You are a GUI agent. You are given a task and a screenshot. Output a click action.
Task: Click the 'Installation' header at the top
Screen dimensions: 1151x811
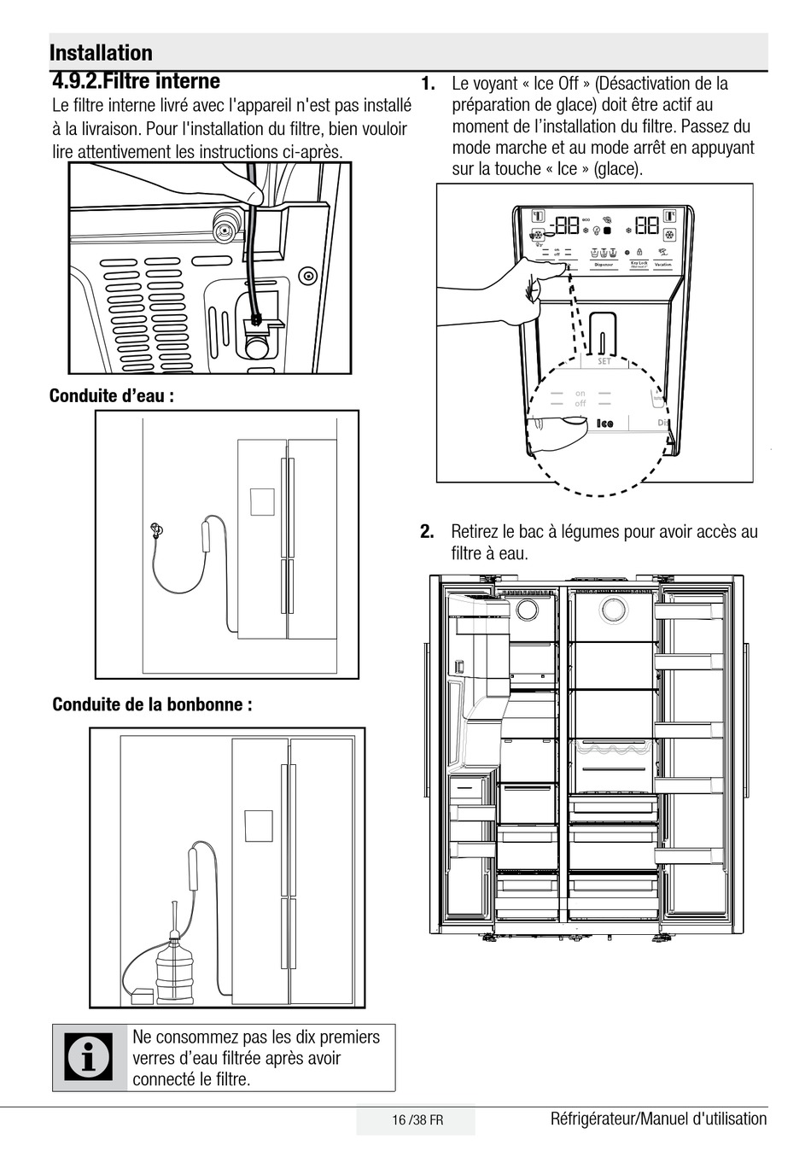pos(101,53)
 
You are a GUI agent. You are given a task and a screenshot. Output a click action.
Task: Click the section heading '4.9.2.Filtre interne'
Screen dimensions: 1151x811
pos(136,82)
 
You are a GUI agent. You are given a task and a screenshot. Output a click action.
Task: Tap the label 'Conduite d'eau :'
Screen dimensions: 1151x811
pos(112,396)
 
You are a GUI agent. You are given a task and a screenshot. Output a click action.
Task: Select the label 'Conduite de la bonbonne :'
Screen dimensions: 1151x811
pos(152,704)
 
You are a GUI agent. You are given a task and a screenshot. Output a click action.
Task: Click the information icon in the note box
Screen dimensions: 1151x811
pos(90,1058)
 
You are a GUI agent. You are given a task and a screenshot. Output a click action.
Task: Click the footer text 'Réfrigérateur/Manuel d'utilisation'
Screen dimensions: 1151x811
pos(658,1119)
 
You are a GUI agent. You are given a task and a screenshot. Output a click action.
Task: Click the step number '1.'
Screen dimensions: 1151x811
pos(428,84)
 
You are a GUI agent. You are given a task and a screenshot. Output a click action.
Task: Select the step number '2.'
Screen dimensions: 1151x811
pos(427,532)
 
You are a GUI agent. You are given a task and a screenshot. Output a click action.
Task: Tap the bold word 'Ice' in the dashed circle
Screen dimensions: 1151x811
pos(604,424)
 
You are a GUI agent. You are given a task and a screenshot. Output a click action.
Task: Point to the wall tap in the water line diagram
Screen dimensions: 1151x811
pos(155,529)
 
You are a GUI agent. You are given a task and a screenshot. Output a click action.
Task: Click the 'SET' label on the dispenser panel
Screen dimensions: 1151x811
pos(604,362)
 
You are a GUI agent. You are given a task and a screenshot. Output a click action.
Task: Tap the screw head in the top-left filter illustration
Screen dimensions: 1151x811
pos(307,276)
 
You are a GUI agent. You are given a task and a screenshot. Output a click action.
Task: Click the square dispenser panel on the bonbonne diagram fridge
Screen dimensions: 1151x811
pos(258,826)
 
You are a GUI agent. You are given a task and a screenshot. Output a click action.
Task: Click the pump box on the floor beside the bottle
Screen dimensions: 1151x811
pos(140,996)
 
